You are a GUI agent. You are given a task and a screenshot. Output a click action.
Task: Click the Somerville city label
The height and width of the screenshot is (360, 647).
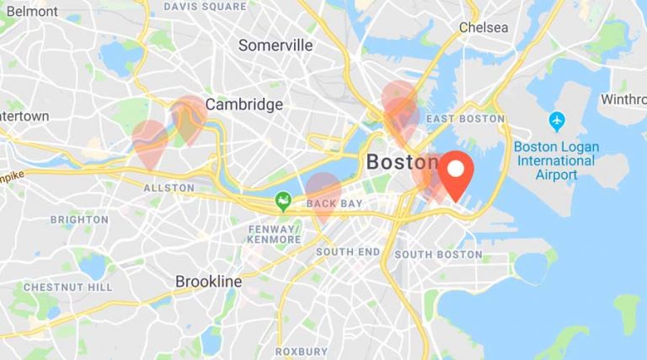[275, 46]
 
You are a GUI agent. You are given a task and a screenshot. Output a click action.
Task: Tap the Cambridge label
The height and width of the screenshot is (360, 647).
[244, 105]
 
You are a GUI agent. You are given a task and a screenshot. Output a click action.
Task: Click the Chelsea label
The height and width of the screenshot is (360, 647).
[484, 28]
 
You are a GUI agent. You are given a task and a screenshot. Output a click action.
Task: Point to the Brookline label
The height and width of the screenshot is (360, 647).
[208, 281]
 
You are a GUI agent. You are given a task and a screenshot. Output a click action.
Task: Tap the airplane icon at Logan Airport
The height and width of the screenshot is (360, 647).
[557, 121]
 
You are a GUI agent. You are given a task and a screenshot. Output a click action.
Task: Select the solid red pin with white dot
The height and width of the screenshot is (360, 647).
[456, 170]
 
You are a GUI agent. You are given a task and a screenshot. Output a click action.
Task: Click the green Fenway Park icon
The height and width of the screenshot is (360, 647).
[284, 201]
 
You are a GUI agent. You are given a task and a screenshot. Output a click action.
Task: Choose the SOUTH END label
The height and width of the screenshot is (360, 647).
[348, 251]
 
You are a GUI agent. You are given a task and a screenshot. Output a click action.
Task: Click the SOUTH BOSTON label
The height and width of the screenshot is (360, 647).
[438, 254]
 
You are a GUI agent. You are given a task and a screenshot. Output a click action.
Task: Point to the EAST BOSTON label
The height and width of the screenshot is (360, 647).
[465, 119]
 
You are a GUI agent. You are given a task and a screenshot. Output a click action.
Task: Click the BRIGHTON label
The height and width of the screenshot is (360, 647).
[79, 220]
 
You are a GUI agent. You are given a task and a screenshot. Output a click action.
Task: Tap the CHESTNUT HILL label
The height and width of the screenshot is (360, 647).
[67, 287]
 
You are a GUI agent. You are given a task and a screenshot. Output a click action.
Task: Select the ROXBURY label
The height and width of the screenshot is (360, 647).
[301, 351]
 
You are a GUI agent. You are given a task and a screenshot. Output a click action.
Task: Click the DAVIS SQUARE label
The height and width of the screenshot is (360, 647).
[206, 7]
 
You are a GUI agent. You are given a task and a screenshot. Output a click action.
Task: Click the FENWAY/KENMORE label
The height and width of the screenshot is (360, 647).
[275, 234]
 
